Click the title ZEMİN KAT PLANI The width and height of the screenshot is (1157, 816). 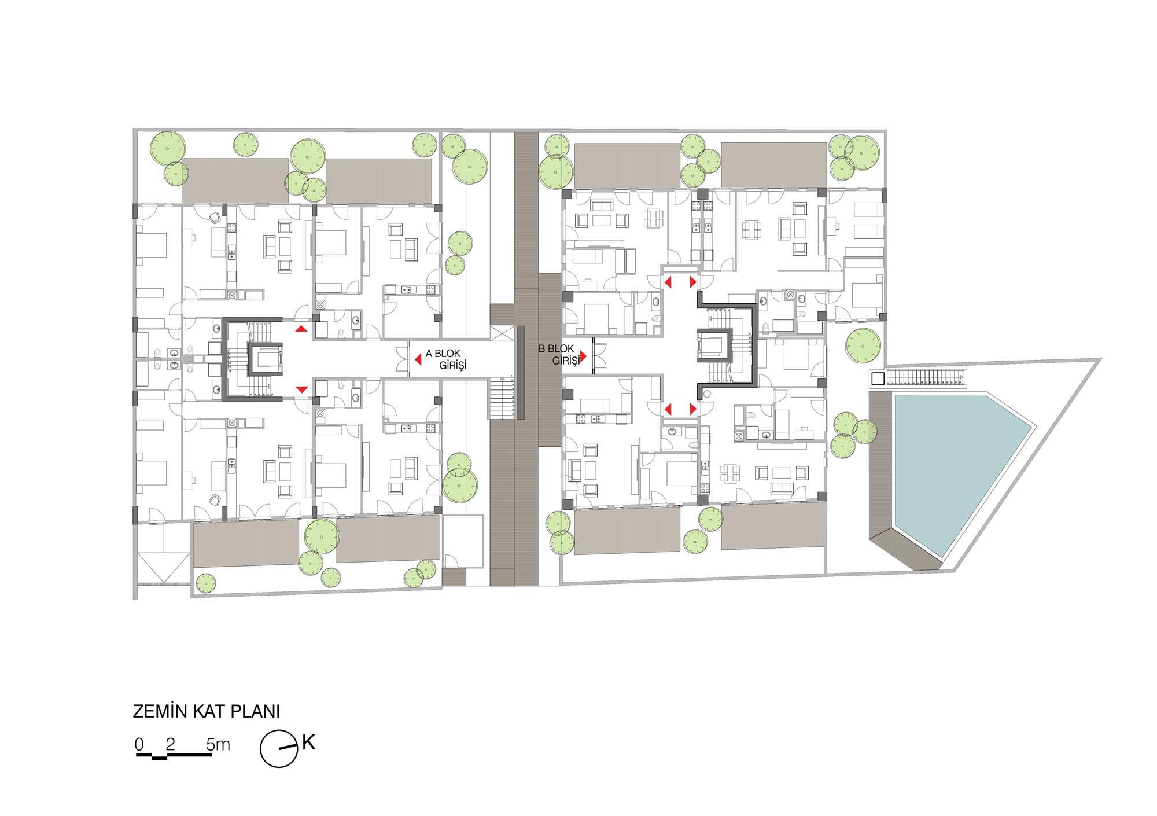pos(207,711)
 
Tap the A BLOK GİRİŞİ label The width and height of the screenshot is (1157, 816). pos(446,359)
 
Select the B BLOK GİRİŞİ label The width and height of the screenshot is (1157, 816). pos(559,355)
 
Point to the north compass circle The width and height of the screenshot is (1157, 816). pos(279,749)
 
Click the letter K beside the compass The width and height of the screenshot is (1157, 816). pos(308,743)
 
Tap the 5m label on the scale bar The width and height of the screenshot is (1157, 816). pos(218,744)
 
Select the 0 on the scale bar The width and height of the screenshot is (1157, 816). pos(139,744)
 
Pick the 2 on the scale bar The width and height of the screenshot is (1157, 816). pos(170,744)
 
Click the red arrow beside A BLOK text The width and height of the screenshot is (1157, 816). pos(418,360)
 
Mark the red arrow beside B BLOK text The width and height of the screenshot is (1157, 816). pos(584,355)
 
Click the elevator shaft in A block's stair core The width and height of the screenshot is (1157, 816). pos(266,359)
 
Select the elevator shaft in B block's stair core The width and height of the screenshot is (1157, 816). pos(715,345)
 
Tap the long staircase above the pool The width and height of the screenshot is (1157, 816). pos(925,378)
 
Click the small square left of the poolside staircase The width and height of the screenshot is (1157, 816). pos(878,378)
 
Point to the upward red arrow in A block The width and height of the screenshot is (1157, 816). pos(301,329)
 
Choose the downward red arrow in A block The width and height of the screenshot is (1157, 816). pos(301,389)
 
